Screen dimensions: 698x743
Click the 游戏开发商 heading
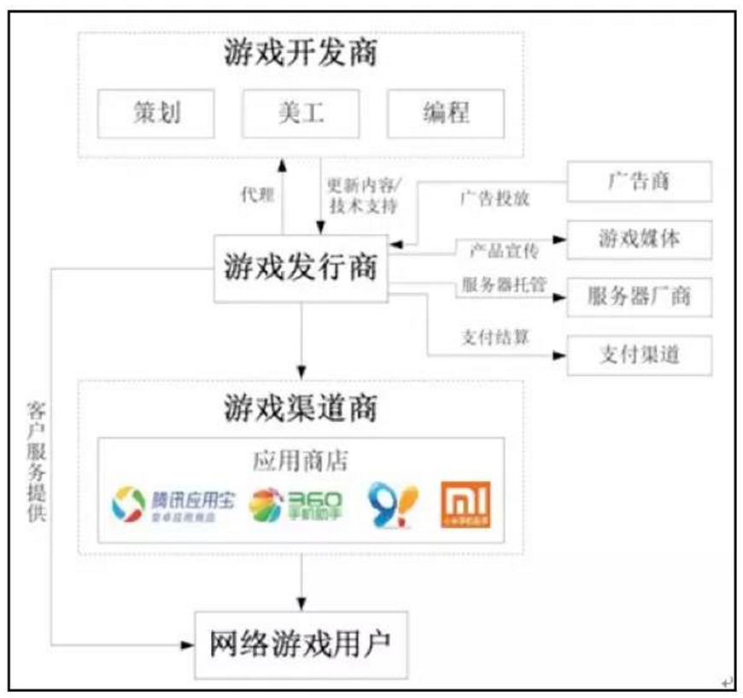click(300, 55)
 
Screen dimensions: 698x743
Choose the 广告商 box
click(639, 181)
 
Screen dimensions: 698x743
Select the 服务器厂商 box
click(639, 296)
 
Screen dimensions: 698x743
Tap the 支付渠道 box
click(639, 354)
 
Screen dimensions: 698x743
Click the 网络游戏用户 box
click(300, 644)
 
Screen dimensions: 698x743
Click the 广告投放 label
click(494, 199)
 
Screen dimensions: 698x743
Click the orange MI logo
click(465, 505)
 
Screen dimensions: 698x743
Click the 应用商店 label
click(301, 460)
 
